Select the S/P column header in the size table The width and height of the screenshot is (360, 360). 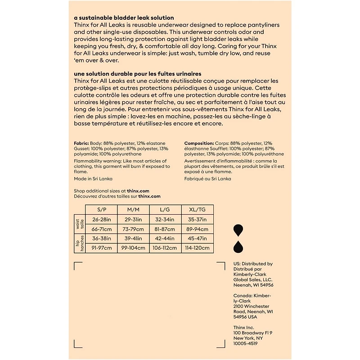coord(102,210)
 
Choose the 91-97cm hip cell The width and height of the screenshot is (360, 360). coord(102,248)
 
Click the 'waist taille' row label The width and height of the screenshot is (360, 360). coord(79,224)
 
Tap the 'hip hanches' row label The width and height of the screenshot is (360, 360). coord(79,243)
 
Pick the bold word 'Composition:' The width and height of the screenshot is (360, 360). coord(198,143)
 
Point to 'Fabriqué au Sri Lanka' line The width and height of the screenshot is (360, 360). coord(207,179)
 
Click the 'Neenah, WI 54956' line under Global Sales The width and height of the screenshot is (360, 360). coord(253,285)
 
